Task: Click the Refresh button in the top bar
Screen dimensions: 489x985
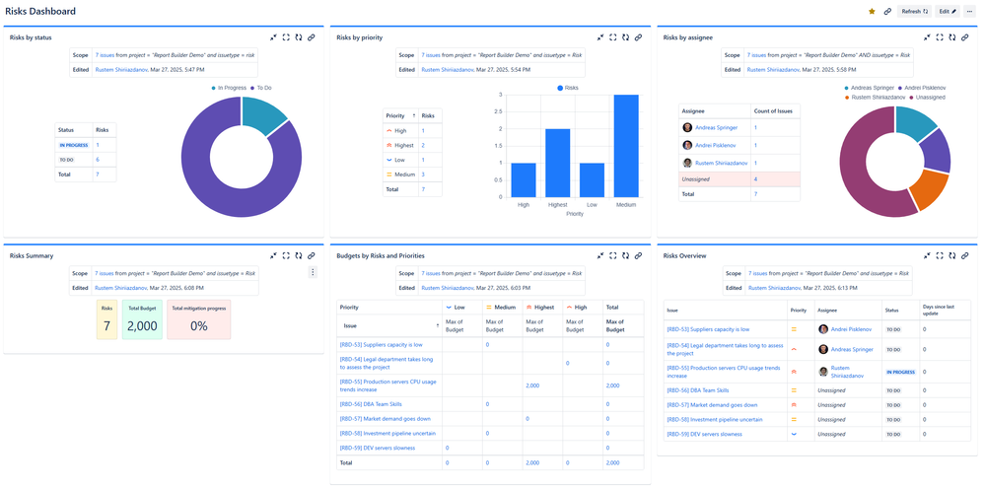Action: [914, 11]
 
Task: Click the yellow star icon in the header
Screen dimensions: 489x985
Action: [871, 11]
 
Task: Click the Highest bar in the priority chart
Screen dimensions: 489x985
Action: [558, 163]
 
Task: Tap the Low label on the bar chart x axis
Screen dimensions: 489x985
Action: [592, 205]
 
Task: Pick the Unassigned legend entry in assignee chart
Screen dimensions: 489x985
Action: [928, 98]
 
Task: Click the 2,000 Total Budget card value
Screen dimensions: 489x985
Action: [142, 326]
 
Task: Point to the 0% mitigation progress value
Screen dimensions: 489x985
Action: [198, 326]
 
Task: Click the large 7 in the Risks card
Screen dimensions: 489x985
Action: [106, 326]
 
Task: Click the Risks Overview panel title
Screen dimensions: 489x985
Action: [684, 255]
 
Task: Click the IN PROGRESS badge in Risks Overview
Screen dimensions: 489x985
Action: [899, 372]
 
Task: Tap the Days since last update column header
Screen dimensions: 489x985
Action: [938, 309]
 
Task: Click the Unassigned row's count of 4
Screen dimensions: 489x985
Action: [756, 178]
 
